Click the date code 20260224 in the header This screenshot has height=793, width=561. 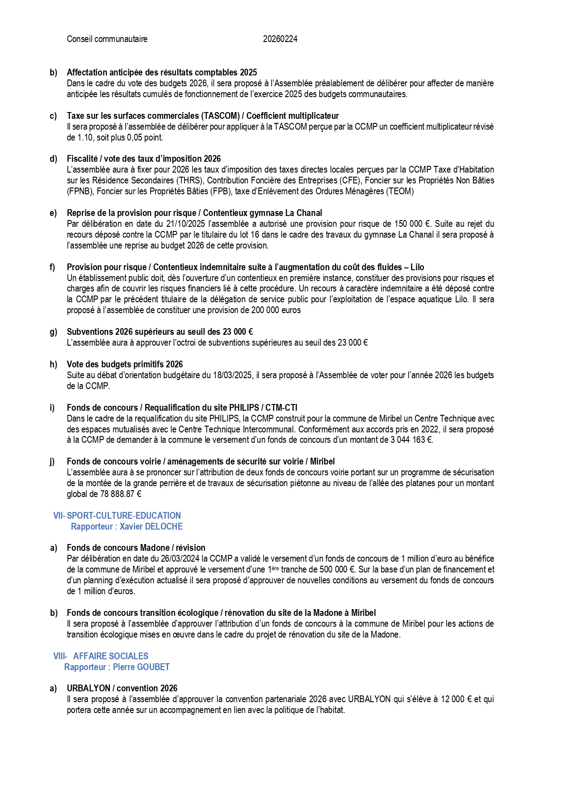pos(280,39)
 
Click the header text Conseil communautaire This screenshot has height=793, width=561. pos(107,39)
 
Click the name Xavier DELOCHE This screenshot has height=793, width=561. pos(151,527)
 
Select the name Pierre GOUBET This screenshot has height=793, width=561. pos(141,667)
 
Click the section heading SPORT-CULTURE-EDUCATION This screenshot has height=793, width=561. pos(124,516)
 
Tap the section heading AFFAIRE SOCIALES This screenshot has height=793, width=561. pos(111,657)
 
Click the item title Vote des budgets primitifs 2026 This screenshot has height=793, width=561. pos(125,365)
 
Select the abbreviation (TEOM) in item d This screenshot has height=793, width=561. pos(400,192)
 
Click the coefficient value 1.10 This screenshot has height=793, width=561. pos(76,138)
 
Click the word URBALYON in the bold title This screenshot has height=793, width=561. pos(89,689)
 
